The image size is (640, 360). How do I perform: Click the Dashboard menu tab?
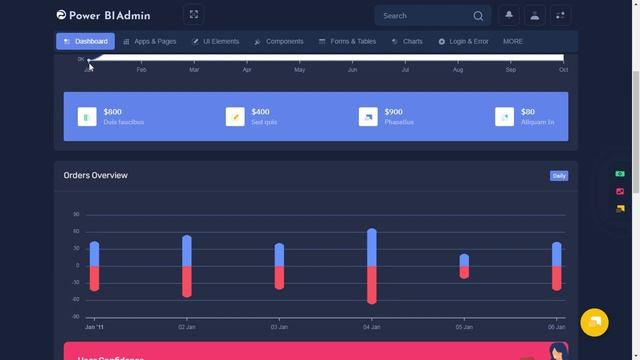point(85,41)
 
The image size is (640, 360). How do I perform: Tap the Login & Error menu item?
point(463,41)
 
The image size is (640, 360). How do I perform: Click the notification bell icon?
point(509,15)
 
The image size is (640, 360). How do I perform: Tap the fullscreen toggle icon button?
point(194,15)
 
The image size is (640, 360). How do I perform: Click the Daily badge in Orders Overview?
point(559,176)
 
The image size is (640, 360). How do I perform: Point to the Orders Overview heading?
point(96,175)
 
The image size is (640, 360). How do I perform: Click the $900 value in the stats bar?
point(393,112)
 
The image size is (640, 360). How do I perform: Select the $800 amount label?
point(112,112)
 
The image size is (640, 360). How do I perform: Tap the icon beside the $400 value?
point(235,117)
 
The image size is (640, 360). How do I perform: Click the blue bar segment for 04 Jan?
point(372,248)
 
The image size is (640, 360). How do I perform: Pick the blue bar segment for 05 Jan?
point(464,260)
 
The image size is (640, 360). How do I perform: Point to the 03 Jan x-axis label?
point(280,327)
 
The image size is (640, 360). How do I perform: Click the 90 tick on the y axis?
point(76,214)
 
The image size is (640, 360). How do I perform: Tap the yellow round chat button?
point(594,322)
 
